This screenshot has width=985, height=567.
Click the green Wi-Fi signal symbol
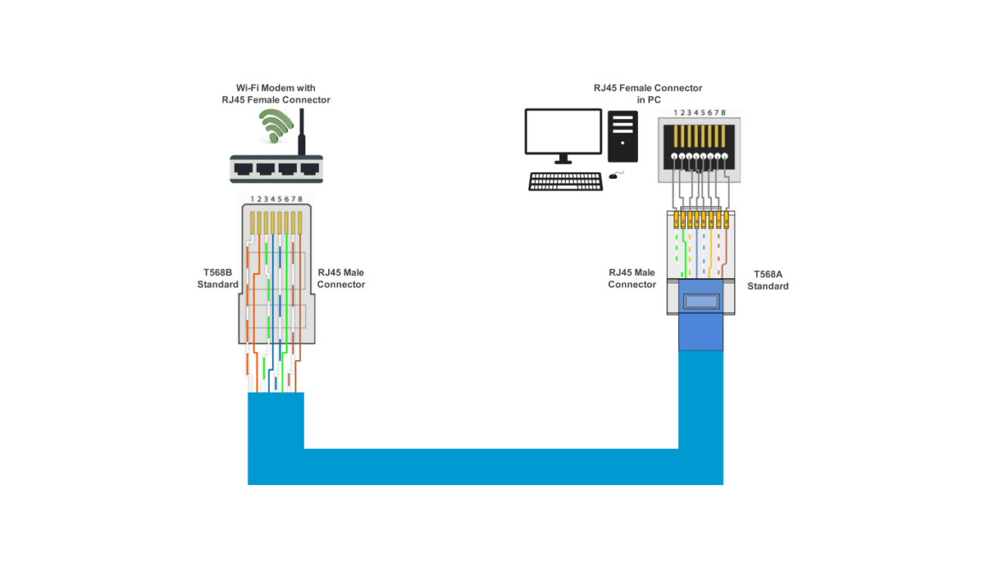pos(274,125)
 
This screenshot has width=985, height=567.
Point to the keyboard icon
pos(565,182)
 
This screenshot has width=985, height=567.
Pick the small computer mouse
pos(613,177)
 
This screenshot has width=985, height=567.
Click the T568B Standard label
pos(217,279)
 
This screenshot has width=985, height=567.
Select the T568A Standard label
pos(768,280)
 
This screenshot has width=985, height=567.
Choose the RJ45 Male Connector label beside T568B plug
pos(341,279)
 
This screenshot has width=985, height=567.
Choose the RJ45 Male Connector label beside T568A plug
pos(632,279)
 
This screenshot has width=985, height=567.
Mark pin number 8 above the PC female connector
pos(724,112)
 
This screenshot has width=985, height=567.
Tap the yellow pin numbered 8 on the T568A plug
pos(725,221)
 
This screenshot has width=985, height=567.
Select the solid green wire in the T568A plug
pos(686,254)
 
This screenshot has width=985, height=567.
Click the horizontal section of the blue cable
pos(485,466)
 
